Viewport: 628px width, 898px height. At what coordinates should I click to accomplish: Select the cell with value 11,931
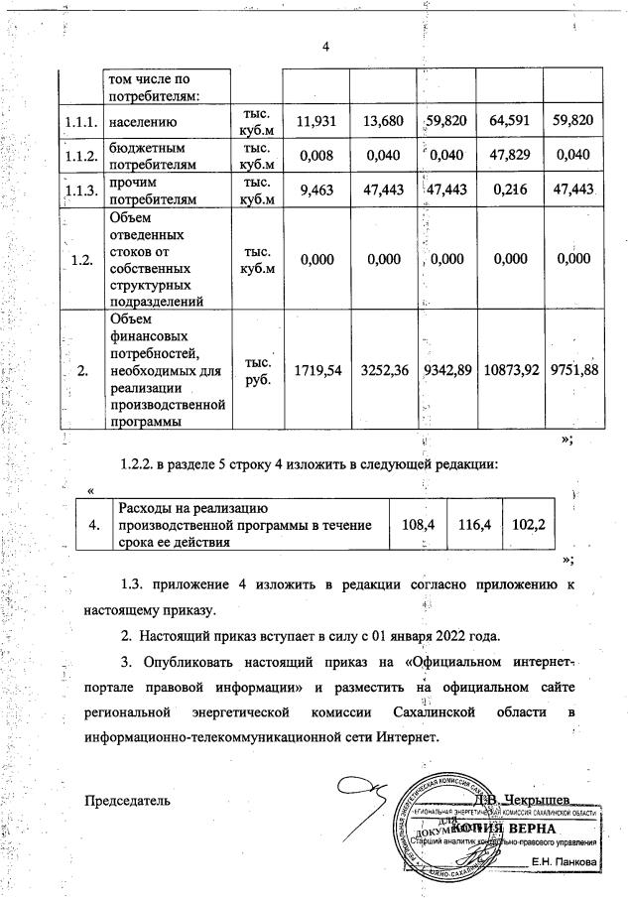(314, 121)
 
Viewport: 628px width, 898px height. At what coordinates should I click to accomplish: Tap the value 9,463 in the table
(314, 191)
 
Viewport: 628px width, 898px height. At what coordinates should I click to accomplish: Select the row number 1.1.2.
(77, 156)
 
